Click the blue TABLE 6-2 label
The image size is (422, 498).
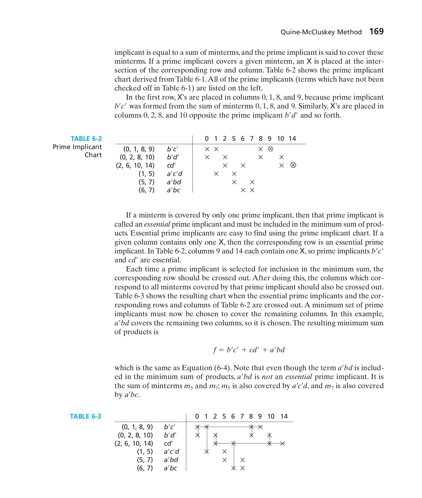(86, 139)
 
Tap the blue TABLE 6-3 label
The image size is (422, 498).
(85, 416)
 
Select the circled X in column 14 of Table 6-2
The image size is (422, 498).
(293, 165)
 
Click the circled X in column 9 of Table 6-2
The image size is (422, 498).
(270, 149)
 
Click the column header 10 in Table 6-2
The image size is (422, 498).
(280, 139)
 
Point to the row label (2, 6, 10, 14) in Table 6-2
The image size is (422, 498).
(135, 165)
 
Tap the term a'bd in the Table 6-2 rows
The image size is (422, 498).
(174, 182)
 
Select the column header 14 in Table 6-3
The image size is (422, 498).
(284, 416)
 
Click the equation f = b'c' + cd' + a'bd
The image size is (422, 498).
(249, 350)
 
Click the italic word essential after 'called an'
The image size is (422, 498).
(157, 224)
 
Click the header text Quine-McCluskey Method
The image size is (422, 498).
(321, 32)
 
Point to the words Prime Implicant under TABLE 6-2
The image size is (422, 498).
(77, 147)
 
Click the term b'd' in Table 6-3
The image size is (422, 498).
(170, 435)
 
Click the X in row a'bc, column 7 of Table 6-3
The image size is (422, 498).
(243, 468)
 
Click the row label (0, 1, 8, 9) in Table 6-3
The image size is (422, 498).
(137, 427)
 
